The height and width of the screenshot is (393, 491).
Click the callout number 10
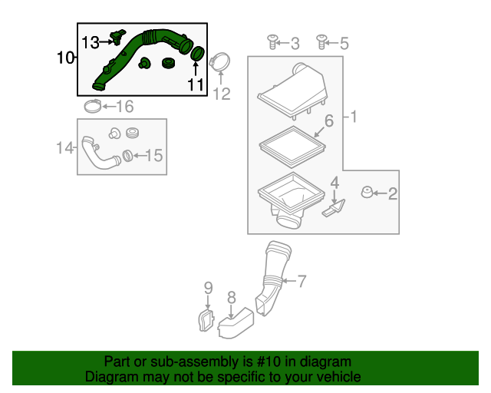pyautogui.click(x=66, y=58)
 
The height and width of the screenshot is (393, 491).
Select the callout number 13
pyautogui.click(x=91, y=41)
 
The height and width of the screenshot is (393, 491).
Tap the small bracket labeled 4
pyautogui.click(x=335, y=207)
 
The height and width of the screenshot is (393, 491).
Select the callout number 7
pyautogui.click(x=301, y=282)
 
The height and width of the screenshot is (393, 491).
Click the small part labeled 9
pyautogui.click(x=206, y=320)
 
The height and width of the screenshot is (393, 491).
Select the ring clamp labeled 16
pyautogui.click(x=91, y=105)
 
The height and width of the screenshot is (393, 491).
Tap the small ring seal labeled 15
pyautogui.click(x=127, y=156)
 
